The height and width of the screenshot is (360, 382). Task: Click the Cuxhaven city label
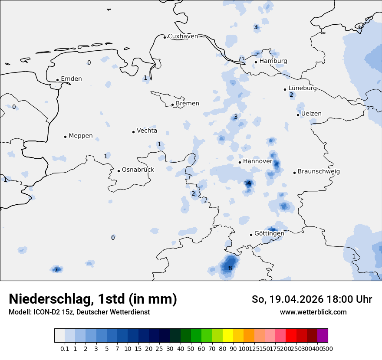[183, 36]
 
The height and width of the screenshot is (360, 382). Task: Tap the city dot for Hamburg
[256, 62]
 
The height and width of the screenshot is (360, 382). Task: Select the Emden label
[71, 79]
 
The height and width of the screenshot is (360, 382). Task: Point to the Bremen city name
[188, 104]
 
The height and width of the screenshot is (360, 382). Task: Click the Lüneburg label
[303, 88]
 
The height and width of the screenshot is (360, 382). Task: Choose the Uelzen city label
[311, 114]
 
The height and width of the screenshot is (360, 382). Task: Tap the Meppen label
[81, 136]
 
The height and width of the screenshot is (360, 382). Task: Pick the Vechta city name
[147, 131]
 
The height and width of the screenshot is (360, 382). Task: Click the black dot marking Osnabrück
[119, 171]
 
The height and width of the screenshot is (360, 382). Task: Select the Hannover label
[257, 161]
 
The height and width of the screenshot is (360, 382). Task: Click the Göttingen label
[269, 234]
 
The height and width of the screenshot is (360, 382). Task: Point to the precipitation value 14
[247, 183]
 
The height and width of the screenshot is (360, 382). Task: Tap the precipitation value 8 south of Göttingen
[230, 268]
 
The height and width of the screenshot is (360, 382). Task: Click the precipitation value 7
[56, 270]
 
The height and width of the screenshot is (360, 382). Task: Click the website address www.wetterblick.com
[313, 312]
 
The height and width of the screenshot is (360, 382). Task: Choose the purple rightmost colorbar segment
[323, 336]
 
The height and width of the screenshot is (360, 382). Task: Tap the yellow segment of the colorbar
[228, 336]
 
